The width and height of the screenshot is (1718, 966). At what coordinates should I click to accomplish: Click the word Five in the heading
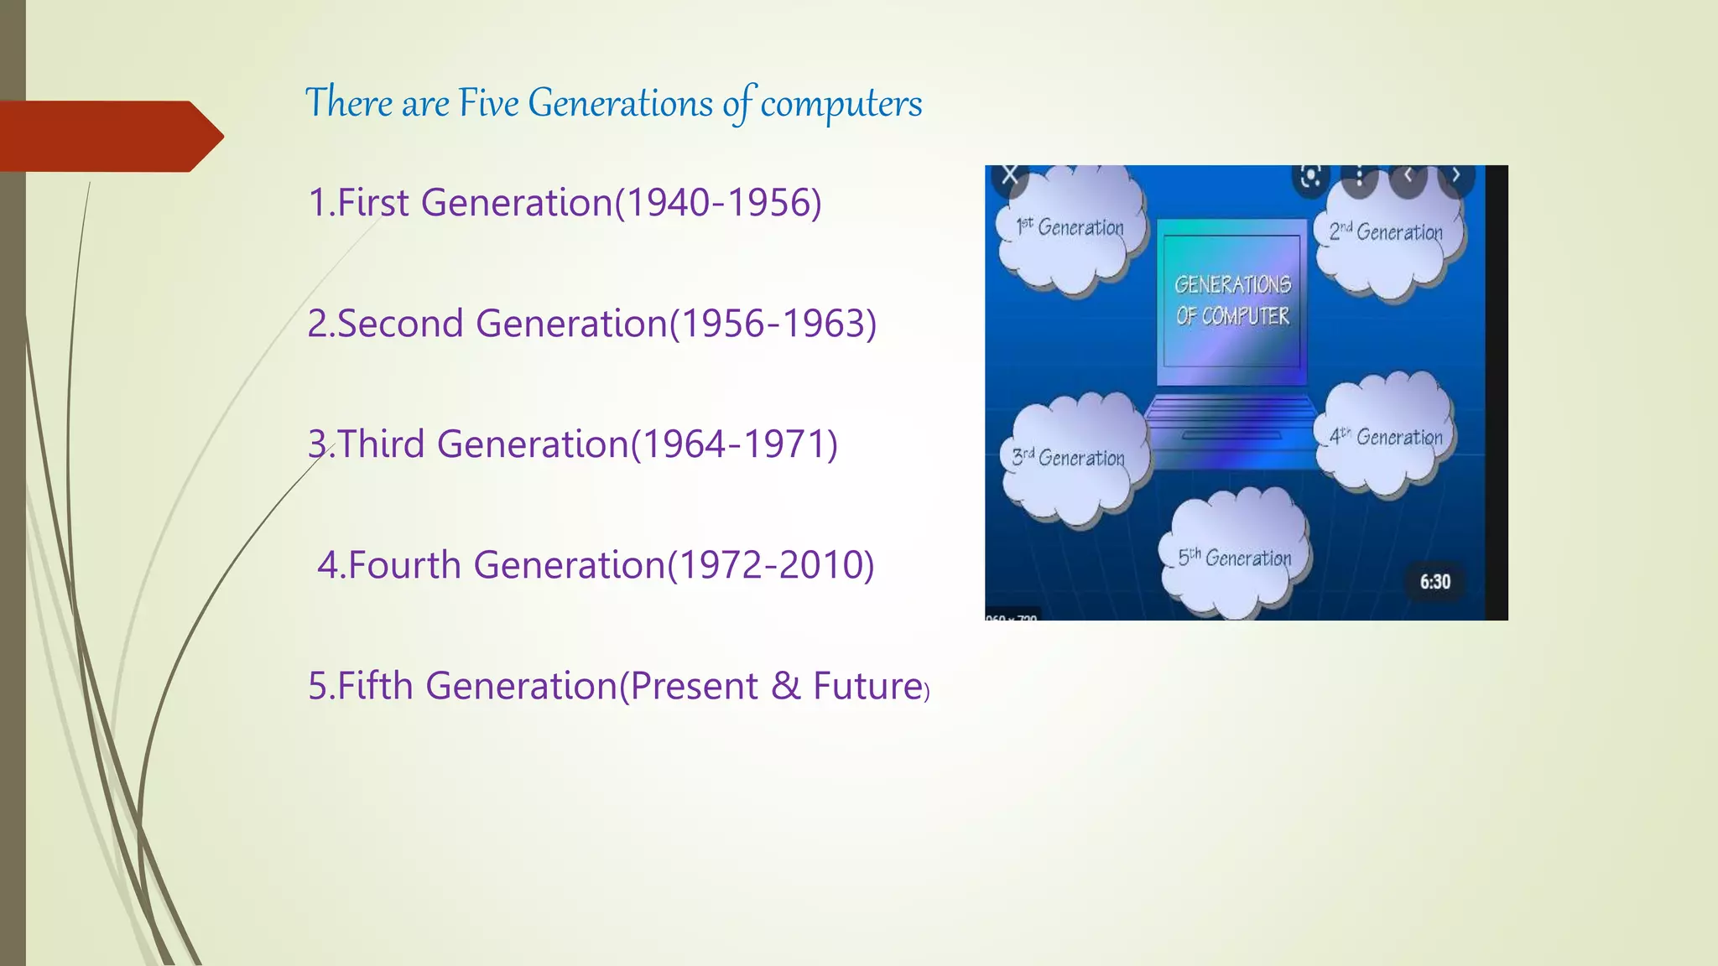[487, 103]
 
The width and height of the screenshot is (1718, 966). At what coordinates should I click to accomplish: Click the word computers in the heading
[841, 103]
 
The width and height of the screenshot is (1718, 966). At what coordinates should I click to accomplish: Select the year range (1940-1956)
[718, 203]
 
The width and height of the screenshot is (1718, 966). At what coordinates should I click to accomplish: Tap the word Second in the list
[399, 324]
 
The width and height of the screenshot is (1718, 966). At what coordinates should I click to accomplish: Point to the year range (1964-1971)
[734, 444]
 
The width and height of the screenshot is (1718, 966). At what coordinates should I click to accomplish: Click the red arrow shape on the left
[109, 136]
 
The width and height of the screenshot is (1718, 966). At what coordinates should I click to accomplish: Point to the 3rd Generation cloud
[1069, 459]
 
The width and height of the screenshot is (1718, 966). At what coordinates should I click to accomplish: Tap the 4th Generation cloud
[1386, 437]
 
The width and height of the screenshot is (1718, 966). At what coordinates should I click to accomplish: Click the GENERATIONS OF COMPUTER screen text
[1231, 300]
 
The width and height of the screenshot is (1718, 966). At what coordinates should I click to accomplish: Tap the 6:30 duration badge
[1434, 582]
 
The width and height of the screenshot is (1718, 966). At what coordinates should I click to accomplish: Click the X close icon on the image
[1010, 175]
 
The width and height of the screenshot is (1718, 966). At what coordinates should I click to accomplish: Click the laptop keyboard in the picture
[1230, 417]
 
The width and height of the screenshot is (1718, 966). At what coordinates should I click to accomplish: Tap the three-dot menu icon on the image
[1359, 176]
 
